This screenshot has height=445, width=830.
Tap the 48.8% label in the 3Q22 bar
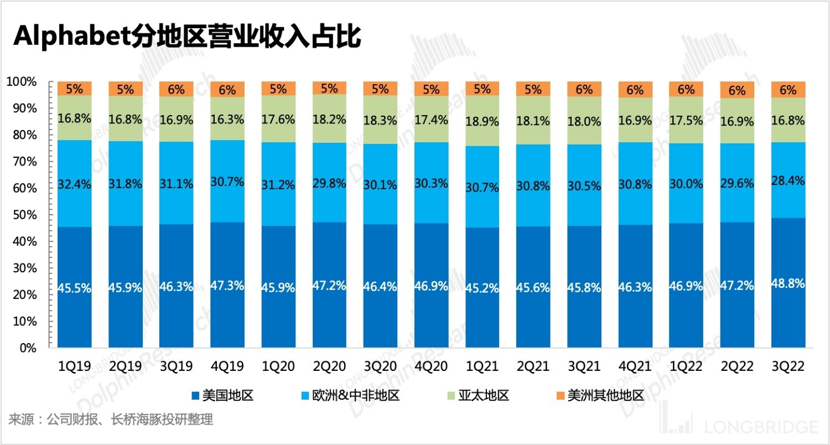pos(788,282)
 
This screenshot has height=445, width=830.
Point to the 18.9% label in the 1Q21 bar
pos(482,121)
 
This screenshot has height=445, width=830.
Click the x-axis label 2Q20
pos(329,366)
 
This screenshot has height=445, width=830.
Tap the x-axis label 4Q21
pos(635,366)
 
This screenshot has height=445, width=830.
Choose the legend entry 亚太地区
pos(477,395)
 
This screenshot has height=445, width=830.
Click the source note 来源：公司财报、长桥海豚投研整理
pos(110,419)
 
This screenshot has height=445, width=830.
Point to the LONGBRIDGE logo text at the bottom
pos(761,427)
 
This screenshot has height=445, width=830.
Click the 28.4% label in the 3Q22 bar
pos(788,180)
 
